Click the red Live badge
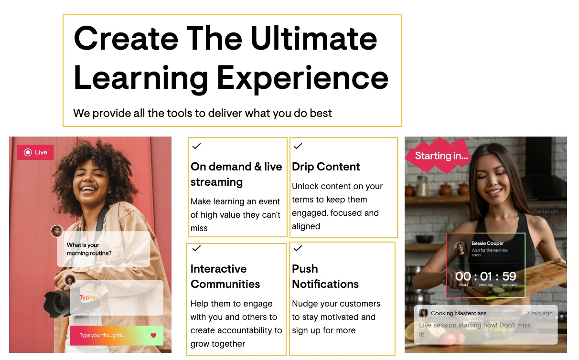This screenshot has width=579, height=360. (x=35, y=152)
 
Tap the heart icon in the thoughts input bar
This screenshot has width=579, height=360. (x=153, y=336)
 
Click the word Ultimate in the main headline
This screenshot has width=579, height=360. (x=314, y=38)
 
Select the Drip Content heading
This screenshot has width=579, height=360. (x=326, y=167)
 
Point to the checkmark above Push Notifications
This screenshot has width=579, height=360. (x=298, y=248)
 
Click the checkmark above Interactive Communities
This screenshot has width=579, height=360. (x=196, y=248)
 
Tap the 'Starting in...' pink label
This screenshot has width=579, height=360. (x=441, y=156)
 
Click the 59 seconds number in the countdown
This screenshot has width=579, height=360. (x=509, y=276)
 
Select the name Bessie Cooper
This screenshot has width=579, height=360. (x=487, y=244)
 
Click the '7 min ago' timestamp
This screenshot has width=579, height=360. (x=539, y=313)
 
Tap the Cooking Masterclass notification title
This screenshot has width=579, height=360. (x=459, y=313)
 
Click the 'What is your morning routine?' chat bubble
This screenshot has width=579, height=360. (x=103, y=249)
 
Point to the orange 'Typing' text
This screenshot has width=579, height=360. (x=88, y=297)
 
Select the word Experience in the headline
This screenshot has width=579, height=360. (x=302, y=78)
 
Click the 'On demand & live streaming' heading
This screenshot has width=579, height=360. (x=236, y=174)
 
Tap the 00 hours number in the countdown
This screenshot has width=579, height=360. (x=463, y=276)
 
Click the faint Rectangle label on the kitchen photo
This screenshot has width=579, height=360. (x=546, y=211)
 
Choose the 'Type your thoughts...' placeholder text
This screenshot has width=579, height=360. (x=102, y=336)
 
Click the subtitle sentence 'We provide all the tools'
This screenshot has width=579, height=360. (x=203, y=113)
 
